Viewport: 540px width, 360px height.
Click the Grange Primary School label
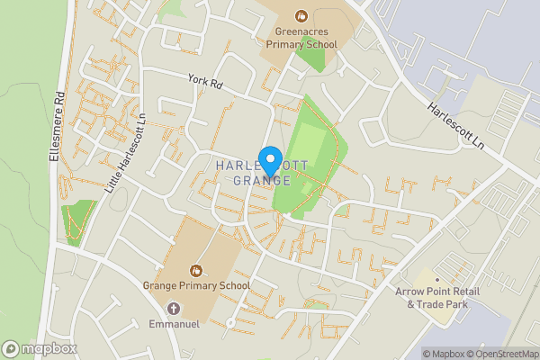(x=196, y=285)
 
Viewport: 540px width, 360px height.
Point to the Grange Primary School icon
(x=196, y=269)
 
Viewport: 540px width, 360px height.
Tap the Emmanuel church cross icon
(x=173, y=308)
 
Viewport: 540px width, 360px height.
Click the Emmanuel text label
(x=173, y=322)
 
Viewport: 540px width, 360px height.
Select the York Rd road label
(x=204, y=81)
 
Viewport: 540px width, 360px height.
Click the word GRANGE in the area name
(x=262, y=181)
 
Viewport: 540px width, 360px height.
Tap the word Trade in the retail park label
(x=434, y=304)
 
